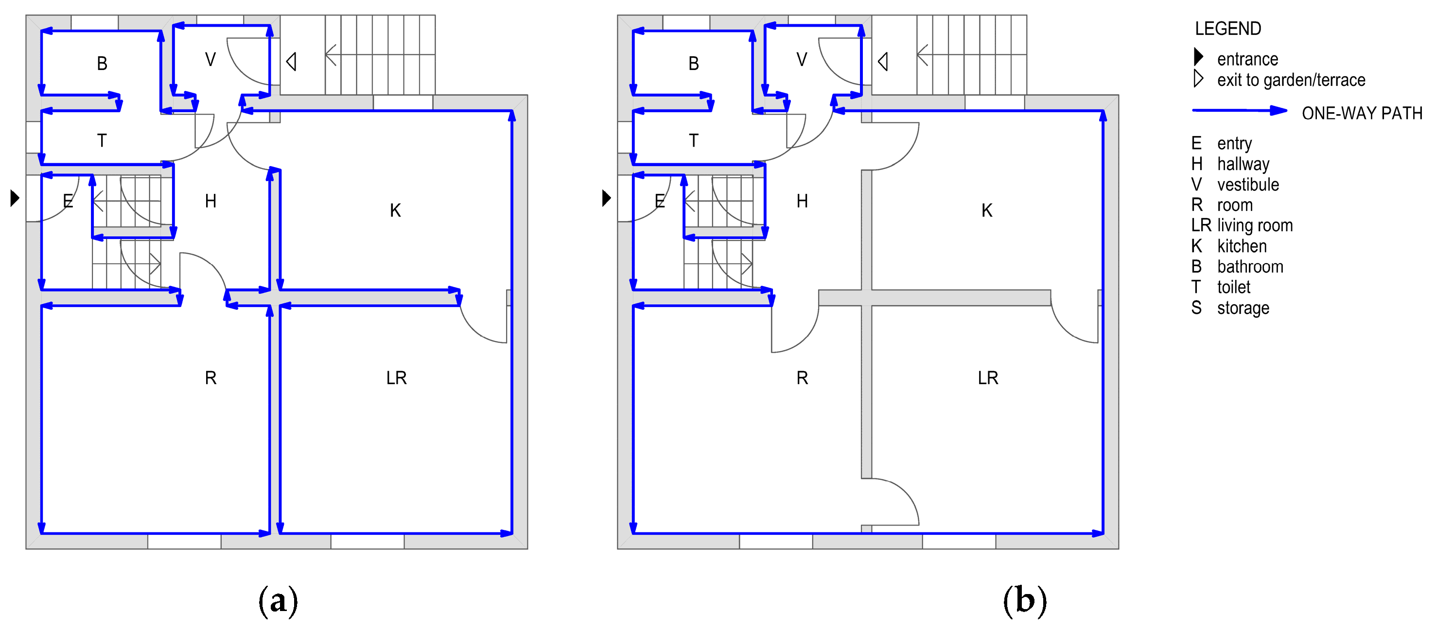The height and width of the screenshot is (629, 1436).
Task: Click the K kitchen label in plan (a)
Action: tap(395, 211)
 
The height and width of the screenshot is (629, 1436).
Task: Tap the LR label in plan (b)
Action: tap(988, 378)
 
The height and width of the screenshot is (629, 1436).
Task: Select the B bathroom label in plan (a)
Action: tap(102, 64)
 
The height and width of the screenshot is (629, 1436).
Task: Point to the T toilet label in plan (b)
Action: tap(694, 140)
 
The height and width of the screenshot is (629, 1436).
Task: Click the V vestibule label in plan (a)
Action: tap(210, 60)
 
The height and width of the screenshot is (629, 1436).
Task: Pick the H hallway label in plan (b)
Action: tap(802, 201)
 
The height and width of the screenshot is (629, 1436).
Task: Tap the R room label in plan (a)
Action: tap(210, 378)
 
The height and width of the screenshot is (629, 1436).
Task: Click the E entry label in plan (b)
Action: tap(660, 201)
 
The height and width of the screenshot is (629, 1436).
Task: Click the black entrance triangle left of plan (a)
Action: tap(15, 198)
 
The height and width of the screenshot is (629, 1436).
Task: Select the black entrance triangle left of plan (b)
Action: tap(607, 198)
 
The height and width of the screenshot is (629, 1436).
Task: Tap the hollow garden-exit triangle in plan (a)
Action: tap(291, 61)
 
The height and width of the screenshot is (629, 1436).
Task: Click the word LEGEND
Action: tap(1227, 28)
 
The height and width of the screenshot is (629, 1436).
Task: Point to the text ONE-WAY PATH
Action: tap(1362, 114)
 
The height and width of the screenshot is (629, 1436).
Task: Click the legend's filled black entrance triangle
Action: tap(1198, 57)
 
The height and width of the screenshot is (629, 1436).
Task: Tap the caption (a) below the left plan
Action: tap(278, 601)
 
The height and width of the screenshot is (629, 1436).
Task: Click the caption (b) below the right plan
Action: tap(1025, 601)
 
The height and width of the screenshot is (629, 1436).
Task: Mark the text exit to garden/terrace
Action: tap(1291, 80)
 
